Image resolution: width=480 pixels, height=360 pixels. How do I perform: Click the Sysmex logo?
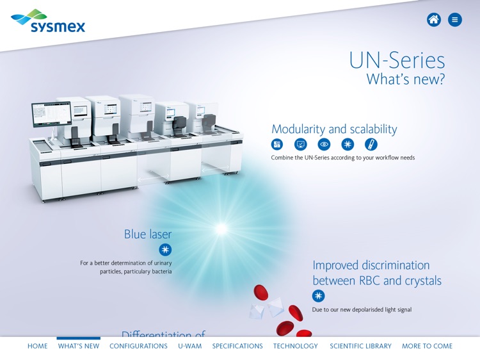pyautogui.click(x=48, y=21)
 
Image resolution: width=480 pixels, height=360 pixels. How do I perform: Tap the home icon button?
pyautogui.click(x=434, y=20)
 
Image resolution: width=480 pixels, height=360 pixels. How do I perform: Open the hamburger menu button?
pyautogui.click(x=455, y=20)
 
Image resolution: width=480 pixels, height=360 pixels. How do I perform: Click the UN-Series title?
pyautogui.click(x=397, y=61)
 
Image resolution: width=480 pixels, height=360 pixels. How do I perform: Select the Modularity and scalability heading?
pyautogui.click(x=334, y=129)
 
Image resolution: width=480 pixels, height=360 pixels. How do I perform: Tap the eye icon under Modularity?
pyautogui.click(x=324, y=145)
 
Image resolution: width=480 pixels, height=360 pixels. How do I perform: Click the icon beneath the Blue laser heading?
pyautogui.click(x=165, y=250)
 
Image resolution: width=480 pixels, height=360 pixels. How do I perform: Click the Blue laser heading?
pyautogui.click(x=148, y=234)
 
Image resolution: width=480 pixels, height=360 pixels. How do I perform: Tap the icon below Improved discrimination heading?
pyautogui.click(x=318, y=296)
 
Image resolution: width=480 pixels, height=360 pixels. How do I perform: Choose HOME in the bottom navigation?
pyautogui.click(x=37, y=346)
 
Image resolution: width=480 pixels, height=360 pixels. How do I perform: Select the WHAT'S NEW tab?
pyautogui.click(x=79, y=346)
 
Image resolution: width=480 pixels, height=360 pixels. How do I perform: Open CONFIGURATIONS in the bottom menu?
pyautogui.click(x=138, y=346)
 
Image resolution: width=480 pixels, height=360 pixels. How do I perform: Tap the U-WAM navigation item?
pyautogui.click(x=189, y=346)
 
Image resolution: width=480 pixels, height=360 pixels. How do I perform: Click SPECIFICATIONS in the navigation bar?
pyautogui.click(x=237, y=346)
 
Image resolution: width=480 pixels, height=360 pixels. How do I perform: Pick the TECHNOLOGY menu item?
pyautogui.click(x=296, y=346)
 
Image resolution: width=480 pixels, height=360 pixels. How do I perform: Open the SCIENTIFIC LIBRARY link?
pyautogui.click(x=360, y=346)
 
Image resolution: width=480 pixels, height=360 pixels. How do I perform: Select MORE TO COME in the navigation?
pyautogui.click(x=427, y=346)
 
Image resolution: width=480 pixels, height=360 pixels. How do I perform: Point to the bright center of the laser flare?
pyautogui.click(x=221, y=228)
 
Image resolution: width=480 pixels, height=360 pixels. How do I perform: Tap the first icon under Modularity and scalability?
pyautogui.click(x=276, y=145)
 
